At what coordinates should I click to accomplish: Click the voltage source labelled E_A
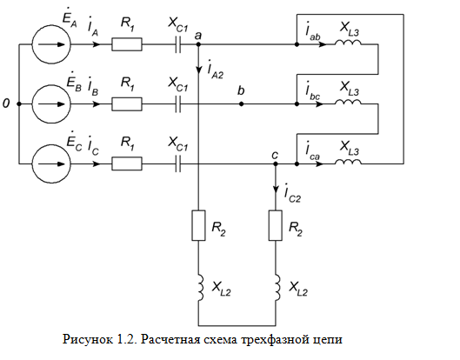coord(51,44)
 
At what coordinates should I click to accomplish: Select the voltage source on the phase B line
coord(51,104)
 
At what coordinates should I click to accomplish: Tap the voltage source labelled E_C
coord(51,163)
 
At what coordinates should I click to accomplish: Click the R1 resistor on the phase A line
coord(127,44)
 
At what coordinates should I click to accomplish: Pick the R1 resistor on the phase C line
coord(127,163)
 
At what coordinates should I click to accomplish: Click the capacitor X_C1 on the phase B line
coord(177,104)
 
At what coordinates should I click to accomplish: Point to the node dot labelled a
coord(198,44)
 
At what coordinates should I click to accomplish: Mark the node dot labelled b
coord(241,104)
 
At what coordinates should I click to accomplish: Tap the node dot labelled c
coord(276,163)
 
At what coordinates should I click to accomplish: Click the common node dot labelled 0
coord(19,104)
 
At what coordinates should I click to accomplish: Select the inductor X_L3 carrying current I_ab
coord(348,43)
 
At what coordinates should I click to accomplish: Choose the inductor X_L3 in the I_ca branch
coord(348,162)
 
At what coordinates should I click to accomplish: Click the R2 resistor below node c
coord(276,225)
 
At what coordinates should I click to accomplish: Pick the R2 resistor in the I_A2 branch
coord(198,225)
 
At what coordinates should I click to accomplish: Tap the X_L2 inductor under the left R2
coord(201,288)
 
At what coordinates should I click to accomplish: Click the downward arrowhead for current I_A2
coord(198,70)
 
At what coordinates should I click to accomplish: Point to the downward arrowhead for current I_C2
coord(276,190)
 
